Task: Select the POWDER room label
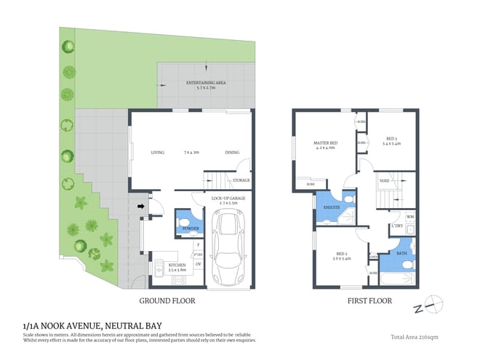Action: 191,228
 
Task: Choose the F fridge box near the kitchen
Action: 198,245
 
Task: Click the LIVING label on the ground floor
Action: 158,153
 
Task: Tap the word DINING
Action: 231,153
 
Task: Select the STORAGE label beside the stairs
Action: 241,180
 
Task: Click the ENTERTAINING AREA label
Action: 206,84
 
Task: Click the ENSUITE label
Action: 331,207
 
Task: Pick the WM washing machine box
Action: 409,217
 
